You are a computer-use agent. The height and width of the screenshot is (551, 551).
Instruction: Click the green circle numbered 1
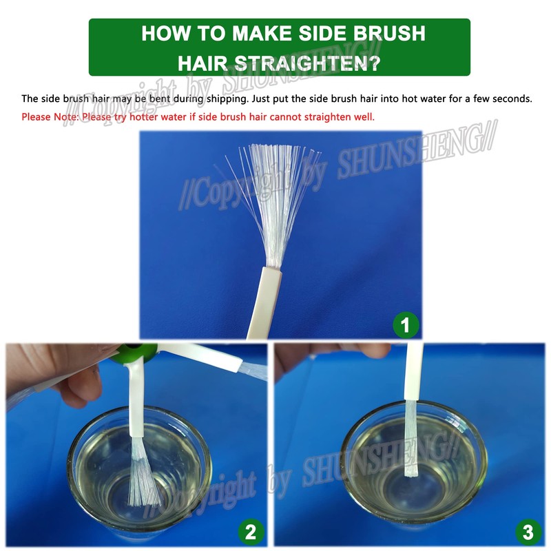tap(406, 324)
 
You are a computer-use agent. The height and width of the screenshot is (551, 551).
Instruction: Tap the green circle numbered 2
tap(251, 532)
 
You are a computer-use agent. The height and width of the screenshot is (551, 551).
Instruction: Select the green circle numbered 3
tap(528, 532)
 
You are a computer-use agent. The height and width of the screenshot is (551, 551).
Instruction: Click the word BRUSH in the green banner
tap(389, 33)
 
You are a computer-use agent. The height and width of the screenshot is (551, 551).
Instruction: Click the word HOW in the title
tap(165, 33)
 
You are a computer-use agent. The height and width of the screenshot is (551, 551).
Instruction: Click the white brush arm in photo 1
tap(264, 302)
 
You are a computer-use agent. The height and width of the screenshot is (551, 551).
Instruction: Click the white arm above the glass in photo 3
tap(414, 372)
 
